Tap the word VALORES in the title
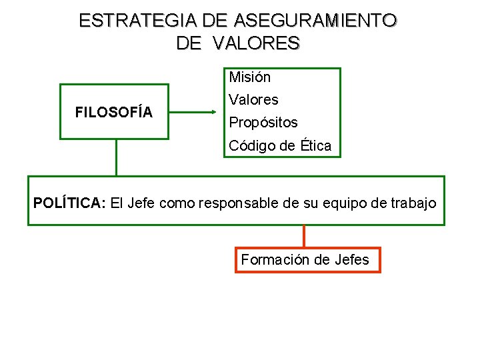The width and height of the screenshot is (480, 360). click(x=257, y=43)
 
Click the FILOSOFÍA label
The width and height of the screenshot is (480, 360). click(x=114, y=112)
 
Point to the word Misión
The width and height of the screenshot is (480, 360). click(x=250, y=77)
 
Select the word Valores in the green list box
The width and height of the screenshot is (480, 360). click(x=253, y=100)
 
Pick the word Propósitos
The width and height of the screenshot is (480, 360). click(x=263, y=123)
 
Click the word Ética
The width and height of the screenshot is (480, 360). click(x=315, y=145)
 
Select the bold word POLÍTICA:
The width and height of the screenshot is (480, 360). click(x=69, y=203)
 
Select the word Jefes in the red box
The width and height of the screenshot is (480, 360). click(x=349, y=260)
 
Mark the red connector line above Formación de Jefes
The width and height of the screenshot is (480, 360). click(x=304, y=236)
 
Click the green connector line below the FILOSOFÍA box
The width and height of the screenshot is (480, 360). click(x=117, y=157)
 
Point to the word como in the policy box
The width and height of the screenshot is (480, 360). click(x=177, y=203)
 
